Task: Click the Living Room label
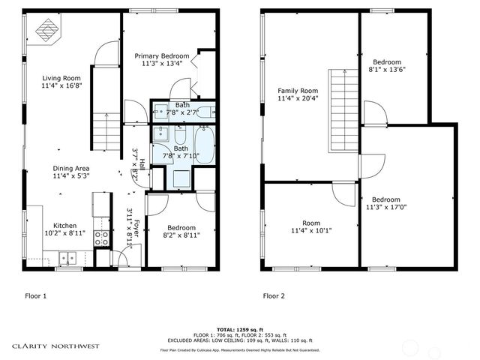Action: click(61, 77)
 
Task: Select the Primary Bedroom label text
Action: click(161, 56)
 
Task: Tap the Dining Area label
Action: click(71, 169)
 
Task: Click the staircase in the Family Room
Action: click(346, 109)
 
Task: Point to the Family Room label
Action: click(293, 90)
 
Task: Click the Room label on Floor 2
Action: click(310, 223)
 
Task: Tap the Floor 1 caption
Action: click(36, 295)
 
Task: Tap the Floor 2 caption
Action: click(274, 295)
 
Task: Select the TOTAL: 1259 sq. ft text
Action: click(239, 329)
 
